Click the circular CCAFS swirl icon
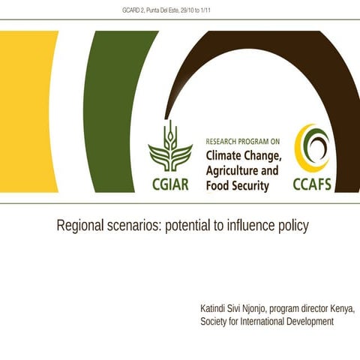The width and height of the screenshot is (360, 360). click(311, 147)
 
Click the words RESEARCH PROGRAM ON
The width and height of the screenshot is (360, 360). click(243, 140)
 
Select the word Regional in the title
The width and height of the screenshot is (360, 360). click(82, 226)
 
